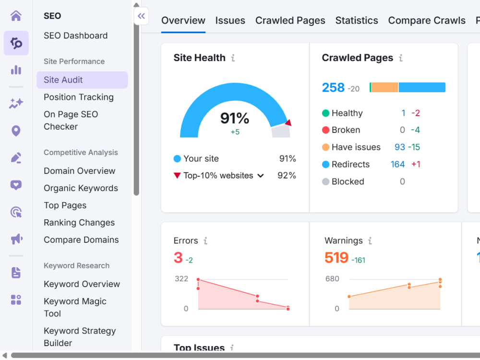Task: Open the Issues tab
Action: coord(230,21)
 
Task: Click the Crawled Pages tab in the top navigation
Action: coord(290,21)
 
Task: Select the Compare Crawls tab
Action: coord(426,21)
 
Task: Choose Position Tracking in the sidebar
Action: coord(79,97)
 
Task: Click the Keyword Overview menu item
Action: coord(82,284)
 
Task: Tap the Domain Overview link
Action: coord(80,171)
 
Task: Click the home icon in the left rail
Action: coord(16,15)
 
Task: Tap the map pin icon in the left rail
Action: coord(16,131)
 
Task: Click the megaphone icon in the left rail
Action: coord(16,239)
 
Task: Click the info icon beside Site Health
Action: coord(233,58)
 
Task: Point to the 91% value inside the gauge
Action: coord(235,118)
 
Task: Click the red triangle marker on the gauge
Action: coord(288,122)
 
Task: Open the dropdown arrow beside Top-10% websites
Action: coord(261,176)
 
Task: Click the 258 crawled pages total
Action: coord(333,87)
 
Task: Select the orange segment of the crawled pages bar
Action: coord(384,87)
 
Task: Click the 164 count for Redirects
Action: coord(397,164)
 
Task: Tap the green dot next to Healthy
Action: coord(326,113)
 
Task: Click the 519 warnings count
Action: coord(336,257)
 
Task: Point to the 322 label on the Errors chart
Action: coord(181,278)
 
